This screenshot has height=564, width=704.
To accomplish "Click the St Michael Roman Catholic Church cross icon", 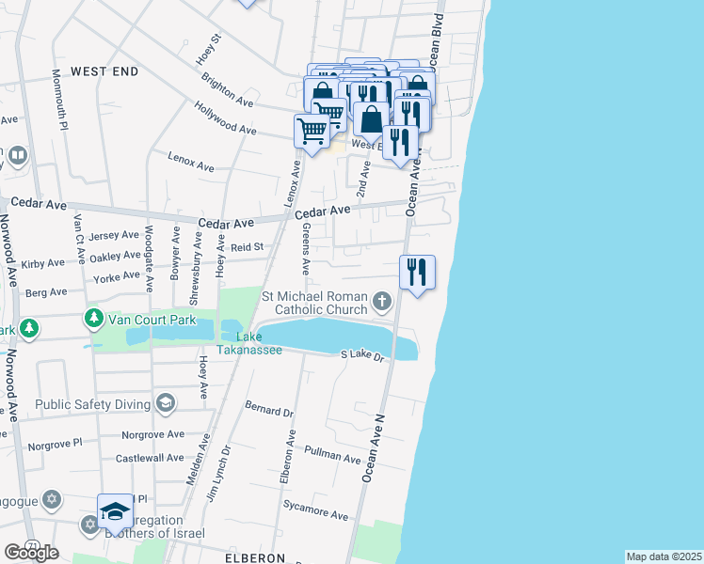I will point(381,302).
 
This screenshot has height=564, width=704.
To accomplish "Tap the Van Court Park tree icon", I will point(94,319).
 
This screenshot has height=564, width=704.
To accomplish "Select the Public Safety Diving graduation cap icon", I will point(166,404).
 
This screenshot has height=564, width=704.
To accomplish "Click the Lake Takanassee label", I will point(249,343).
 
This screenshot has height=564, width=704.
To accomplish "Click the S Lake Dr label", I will point(362,355).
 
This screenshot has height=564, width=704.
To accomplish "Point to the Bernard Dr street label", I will point(270,411).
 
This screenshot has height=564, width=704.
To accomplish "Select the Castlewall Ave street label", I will point(150,458).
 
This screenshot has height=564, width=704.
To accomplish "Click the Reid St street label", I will point(250,246).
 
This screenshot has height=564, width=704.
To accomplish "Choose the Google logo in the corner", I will point(31,552).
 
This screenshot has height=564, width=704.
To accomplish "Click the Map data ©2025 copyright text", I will point(664,556).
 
